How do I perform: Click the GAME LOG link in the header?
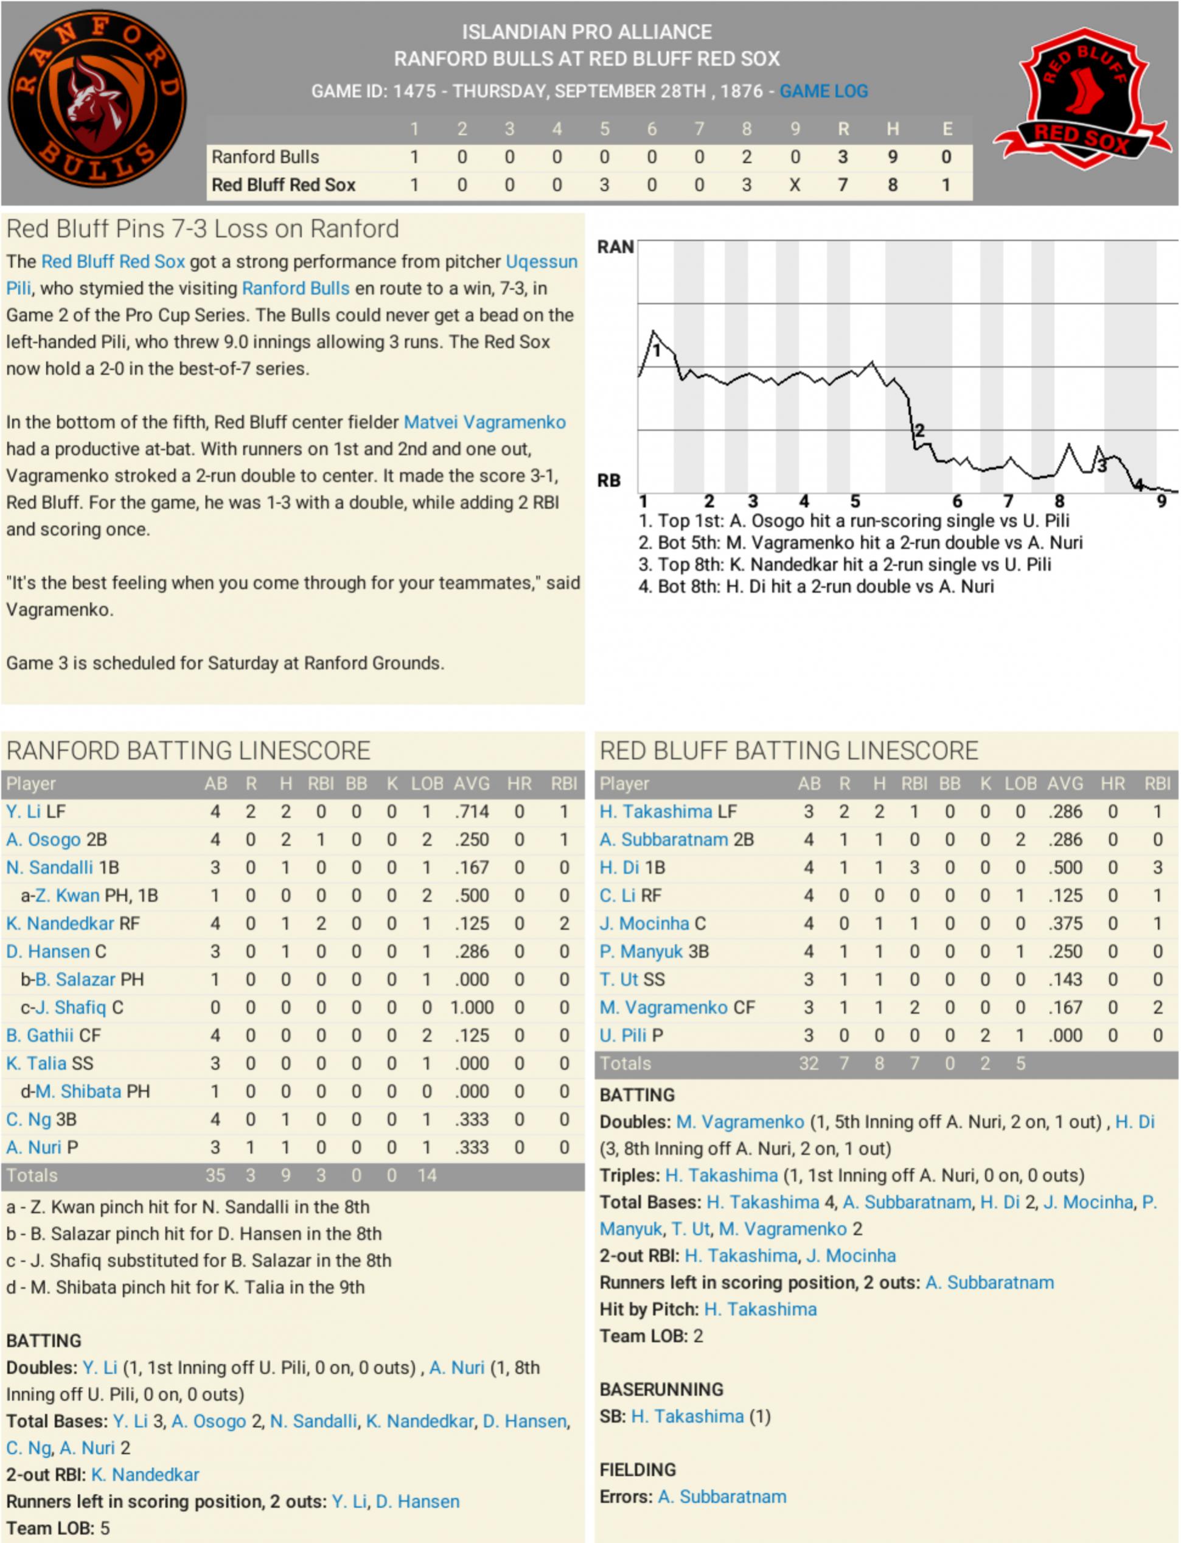823,91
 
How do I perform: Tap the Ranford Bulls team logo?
97,99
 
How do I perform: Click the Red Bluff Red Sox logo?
1082,99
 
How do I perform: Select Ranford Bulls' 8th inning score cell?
747,157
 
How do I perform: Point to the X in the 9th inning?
795,185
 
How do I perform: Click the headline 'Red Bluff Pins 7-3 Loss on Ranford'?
203,229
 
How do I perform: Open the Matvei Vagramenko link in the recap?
484,422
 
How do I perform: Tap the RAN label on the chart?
615,247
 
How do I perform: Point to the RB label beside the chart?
609,480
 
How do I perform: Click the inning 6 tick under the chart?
956,502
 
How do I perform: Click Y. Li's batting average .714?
471,811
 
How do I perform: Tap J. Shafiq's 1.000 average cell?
471,1007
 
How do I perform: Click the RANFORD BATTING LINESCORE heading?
189,751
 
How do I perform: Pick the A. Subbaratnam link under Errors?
722,1496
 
